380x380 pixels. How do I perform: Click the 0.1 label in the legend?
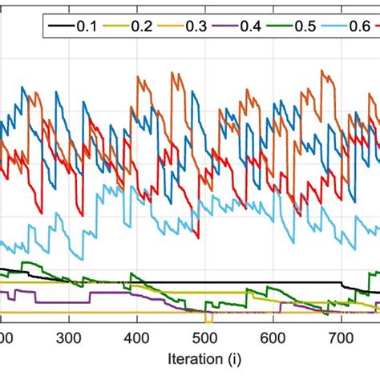[86, 25]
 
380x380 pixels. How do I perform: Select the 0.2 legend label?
[142, 25]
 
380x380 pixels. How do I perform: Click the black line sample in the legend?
[59, 25]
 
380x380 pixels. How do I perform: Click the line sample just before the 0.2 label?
[115, 25]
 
